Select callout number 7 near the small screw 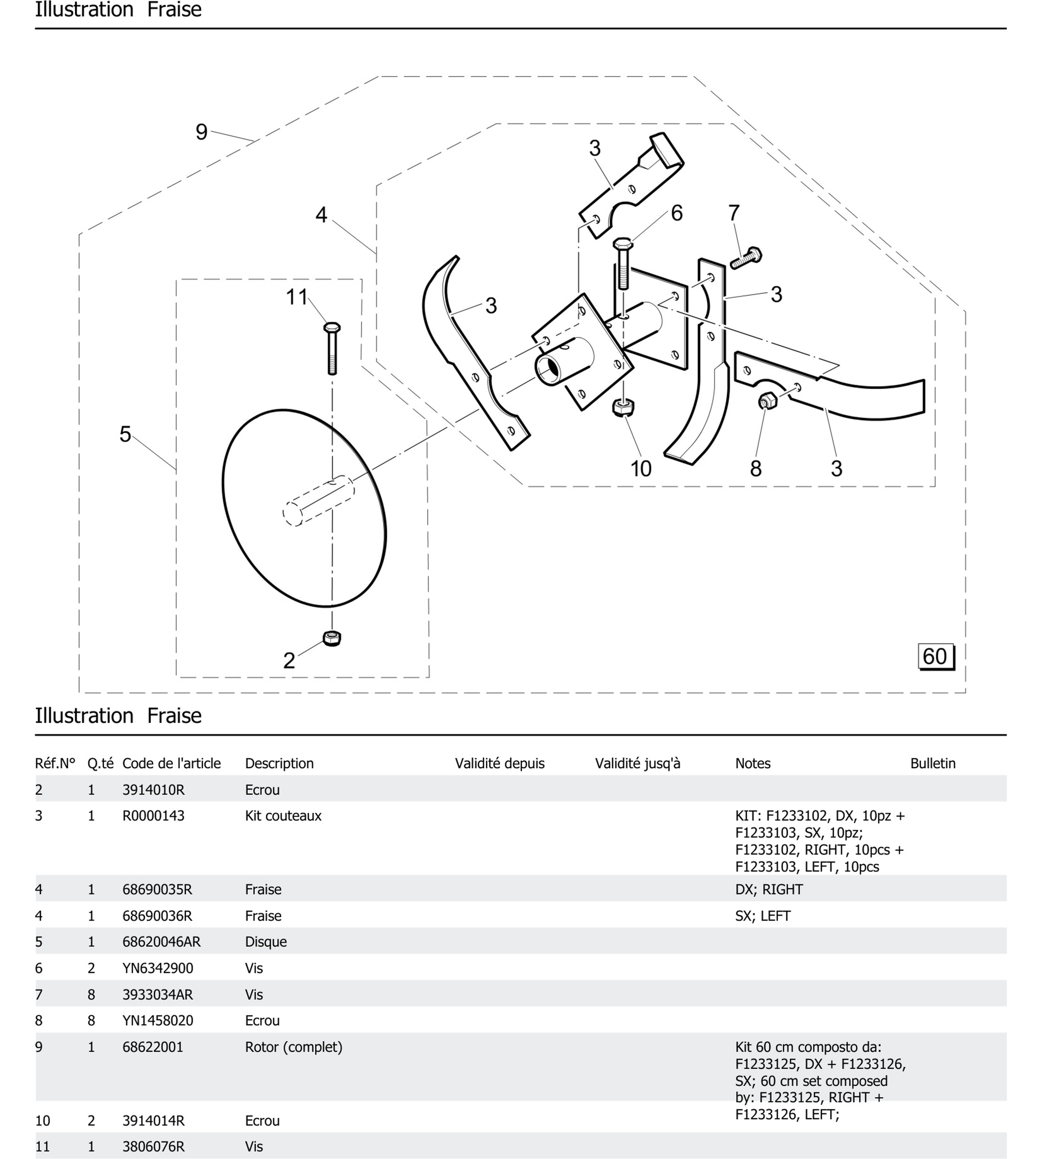click(x=734, y=213)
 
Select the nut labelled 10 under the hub click(x=623, y=407)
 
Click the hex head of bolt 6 click(x=622, y=243)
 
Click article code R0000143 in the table click(x=153, y=816)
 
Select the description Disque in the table click(x=266, y=942)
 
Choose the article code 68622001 click(x=153, y=1047)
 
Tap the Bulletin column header click(x=933, y=763)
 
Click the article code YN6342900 click(x=158, y=968)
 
